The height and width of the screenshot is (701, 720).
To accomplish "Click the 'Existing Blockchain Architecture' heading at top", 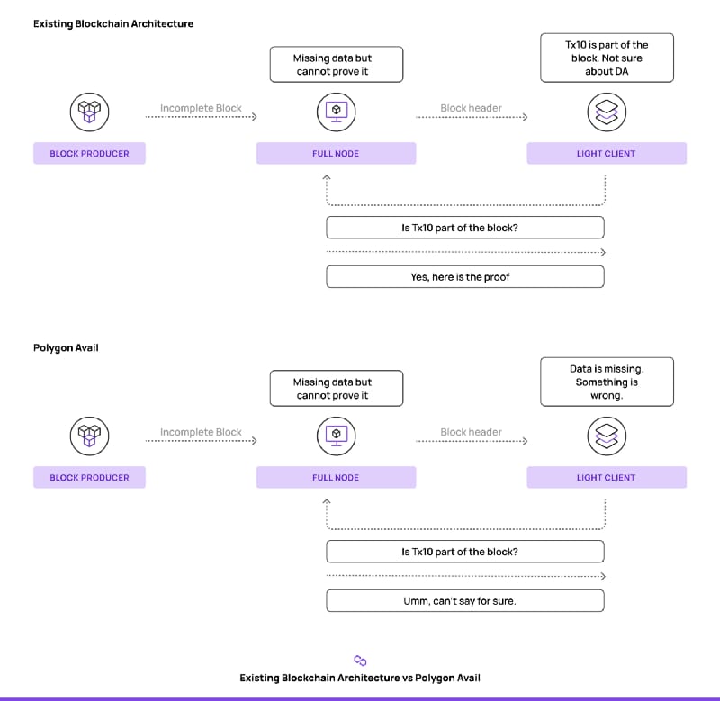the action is coord(113,24).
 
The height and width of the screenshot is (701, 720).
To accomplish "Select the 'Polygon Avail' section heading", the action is coord(66,347).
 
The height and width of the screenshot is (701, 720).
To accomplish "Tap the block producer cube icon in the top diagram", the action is coord(89,112).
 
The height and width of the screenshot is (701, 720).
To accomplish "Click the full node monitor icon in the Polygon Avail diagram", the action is coord(336,436).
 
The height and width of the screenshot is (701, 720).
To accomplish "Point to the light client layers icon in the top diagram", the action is coord(607,112).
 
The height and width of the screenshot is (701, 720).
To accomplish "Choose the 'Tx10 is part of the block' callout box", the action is coord(607,58).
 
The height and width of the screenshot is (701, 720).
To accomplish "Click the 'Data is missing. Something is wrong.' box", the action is coord(607,382).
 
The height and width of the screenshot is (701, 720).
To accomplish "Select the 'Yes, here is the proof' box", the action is coord(465,277).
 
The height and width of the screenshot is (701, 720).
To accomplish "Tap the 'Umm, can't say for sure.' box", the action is coord(465,601).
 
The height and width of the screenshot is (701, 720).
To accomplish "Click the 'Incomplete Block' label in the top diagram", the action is coord(201,108).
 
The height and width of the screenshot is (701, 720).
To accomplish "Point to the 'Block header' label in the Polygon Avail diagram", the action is coord(471,432).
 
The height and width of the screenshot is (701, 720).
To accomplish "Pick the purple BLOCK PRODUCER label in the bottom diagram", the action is coord(89,478).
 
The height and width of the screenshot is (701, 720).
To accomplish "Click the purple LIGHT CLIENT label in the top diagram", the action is coord(607,153).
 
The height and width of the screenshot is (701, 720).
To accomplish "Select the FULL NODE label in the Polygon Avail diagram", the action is coord(336,478).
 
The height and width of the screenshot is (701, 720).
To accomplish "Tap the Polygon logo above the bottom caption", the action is coord(361,661).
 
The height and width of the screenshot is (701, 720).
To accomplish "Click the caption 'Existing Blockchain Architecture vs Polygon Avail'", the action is coord(360,678).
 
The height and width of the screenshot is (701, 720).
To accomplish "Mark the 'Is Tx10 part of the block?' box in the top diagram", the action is coord(465,228).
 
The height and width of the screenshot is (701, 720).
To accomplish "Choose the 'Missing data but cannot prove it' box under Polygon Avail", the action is coord(337,389).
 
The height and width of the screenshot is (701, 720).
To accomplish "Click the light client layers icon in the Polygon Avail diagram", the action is coord(607,436).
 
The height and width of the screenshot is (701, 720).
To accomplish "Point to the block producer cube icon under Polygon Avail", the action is coord(89,436).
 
